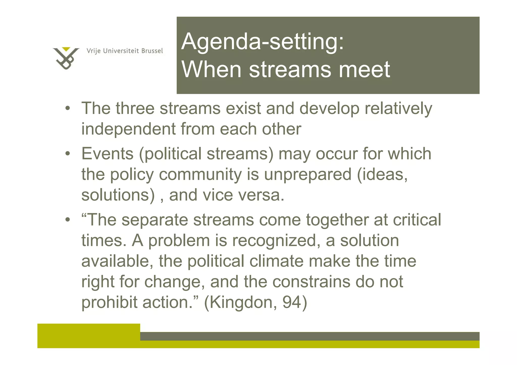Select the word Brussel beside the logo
152,51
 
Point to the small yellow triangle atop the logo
66,49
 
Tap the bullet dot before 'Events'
67,154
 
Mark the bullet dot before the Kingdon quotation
67,220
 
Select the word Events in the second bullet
107,154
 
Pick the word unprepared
308,175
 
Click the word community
200,175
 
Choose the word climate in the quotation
276,261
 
